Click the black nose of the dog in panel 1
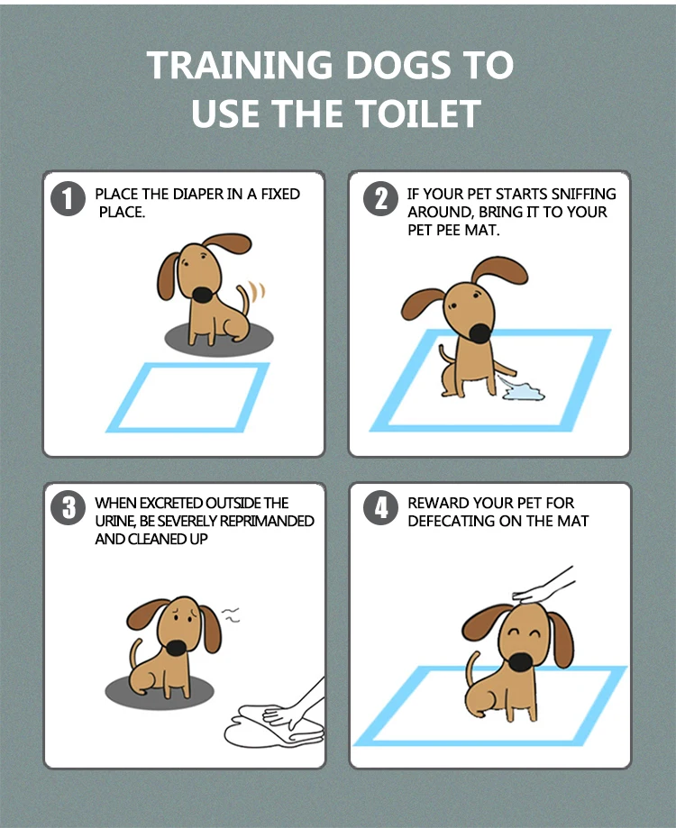[204, 296]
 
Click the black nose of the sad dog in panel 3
[175, 647]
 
